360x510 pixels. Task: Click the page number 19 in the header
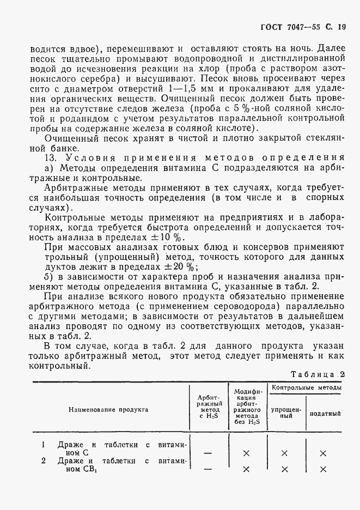(341, 26)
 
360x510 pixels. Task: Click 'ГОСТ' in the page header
(272, 26)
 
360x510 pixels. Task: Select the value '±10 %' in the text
(169, 238)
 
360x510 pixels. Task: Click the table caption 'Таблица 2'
(318, 374)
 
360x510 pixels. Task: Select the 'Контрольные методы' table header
(306, 387)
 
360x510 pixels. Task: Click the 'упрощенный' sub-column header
(284, 411)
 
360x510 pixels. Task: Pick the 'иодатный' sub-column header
(325, 412)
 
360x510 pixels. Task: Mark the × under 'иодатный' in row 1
(323, 453)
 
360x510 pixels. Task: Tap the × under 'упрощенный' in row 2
(284, 469)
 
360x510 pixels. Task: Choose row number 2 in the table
(44, 460)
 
